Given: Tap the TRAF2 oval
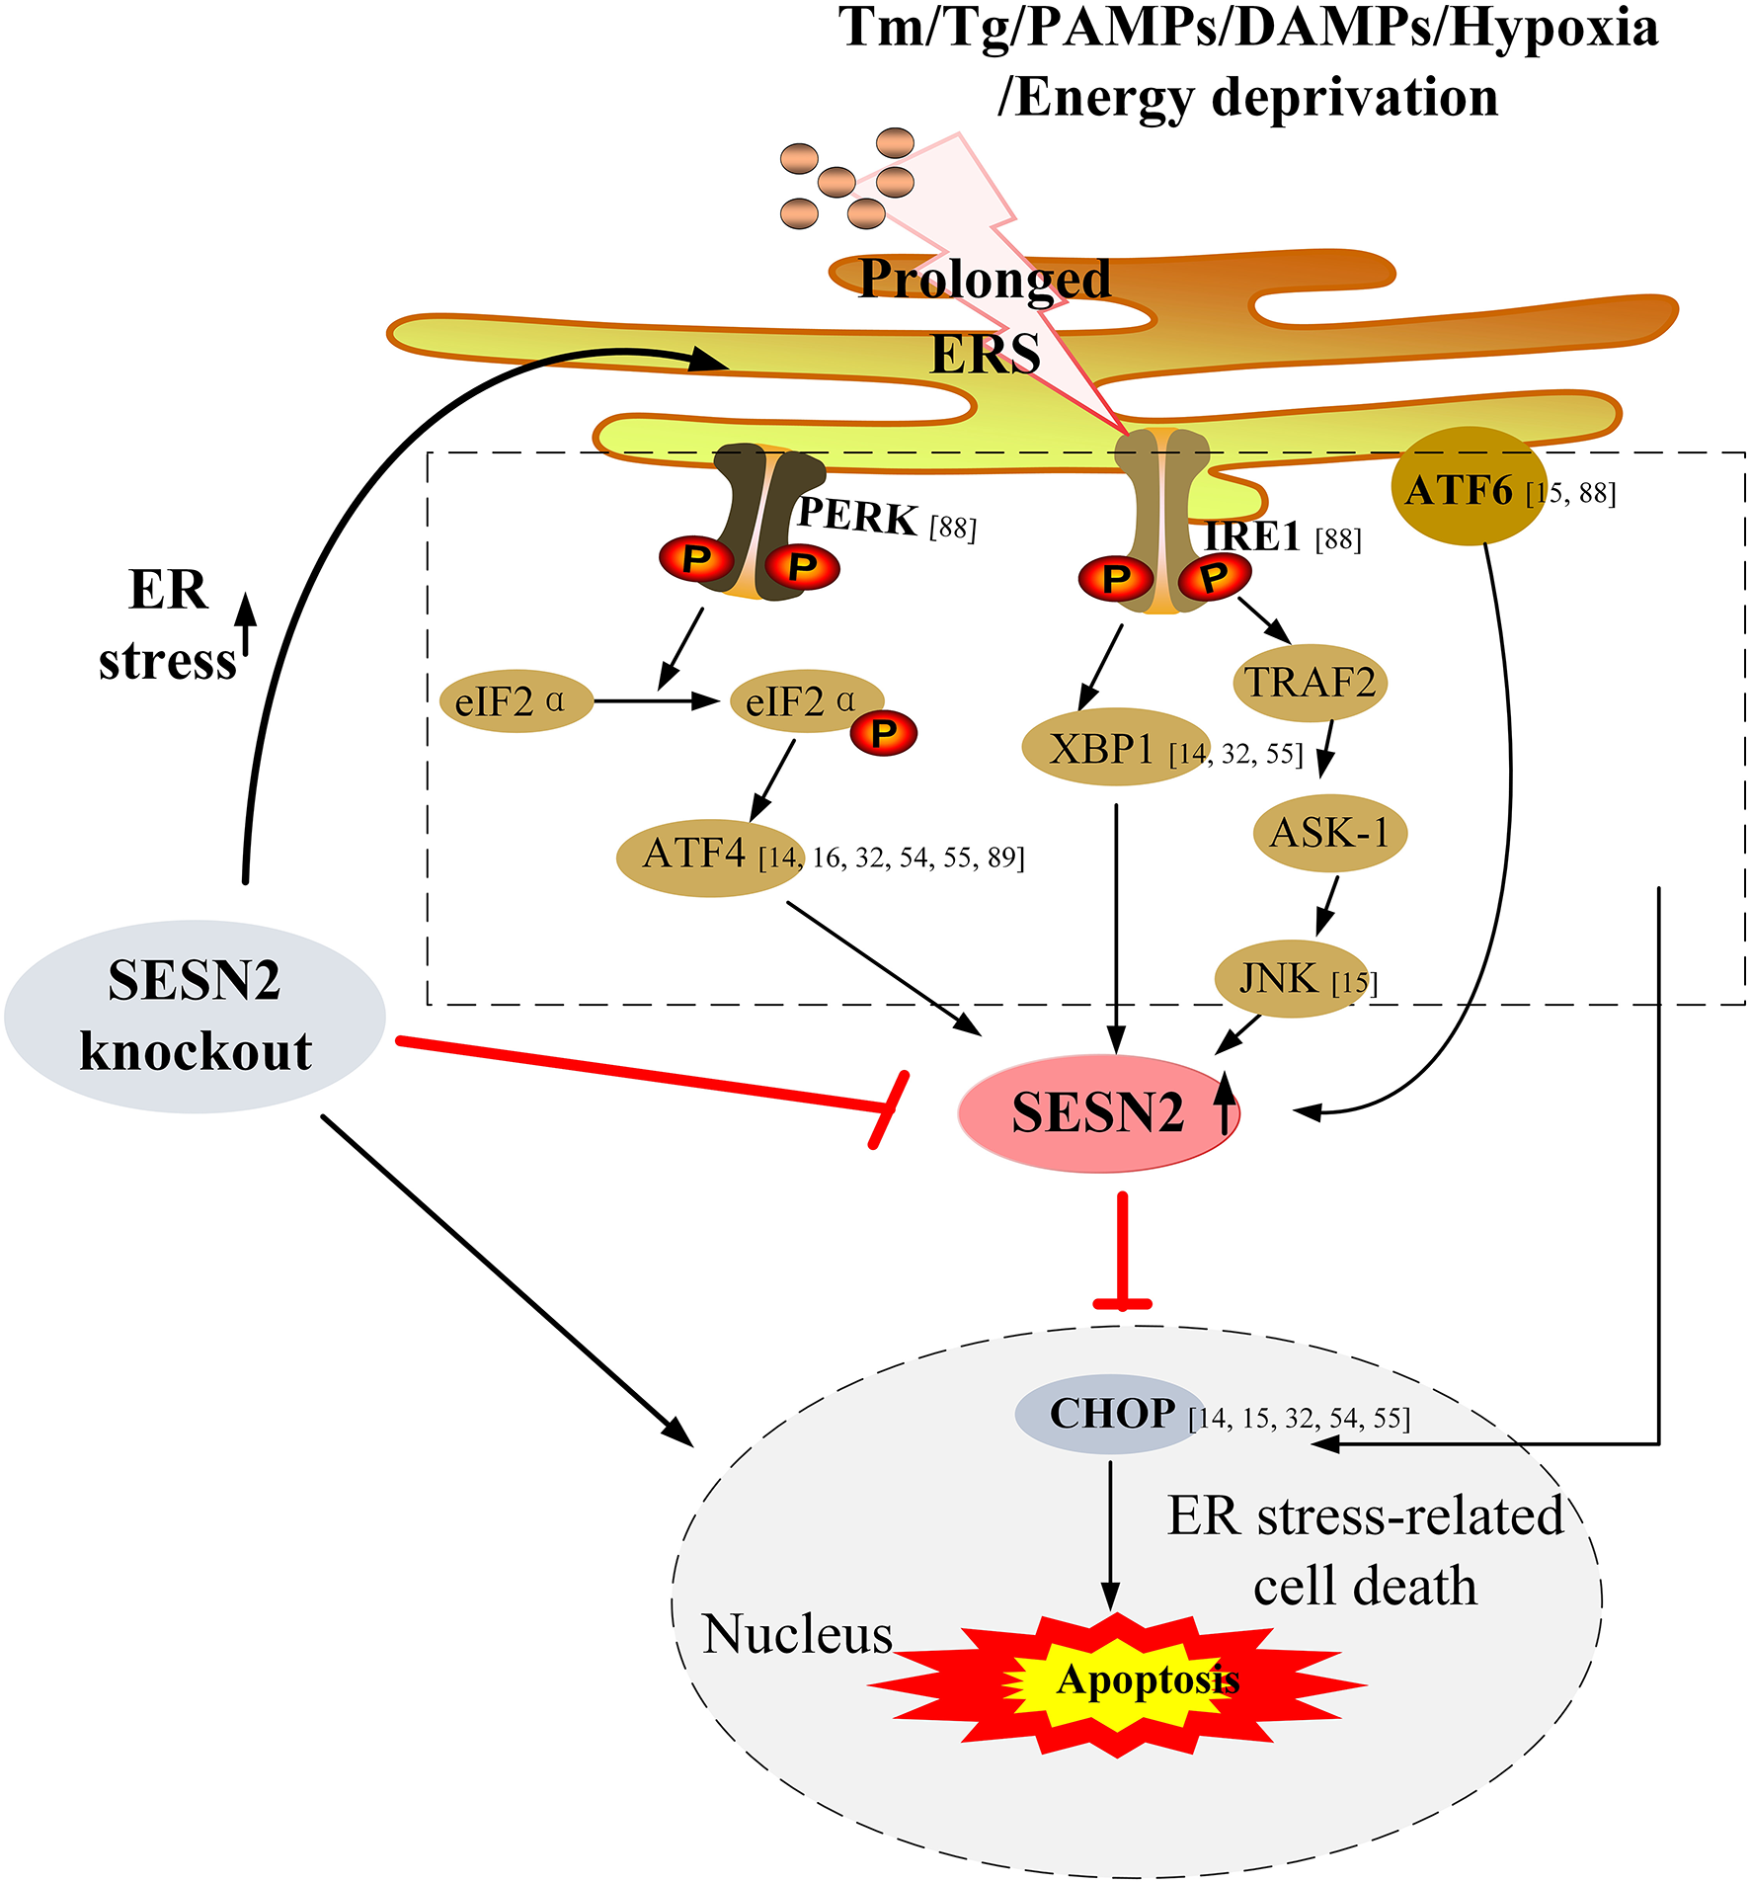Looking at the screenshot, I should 1310,682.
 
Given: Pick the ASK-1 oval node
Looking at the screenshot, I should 1329,833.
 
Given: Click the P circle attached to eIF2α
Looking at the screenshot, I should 884,733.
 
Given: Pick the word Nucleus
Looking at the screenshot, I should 796,1634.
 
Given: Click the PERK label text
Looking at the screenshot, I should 856,516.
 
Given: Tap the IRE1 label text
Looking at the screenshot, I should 1251,535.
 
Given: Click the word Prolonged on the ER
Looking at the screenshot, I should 984,279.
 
